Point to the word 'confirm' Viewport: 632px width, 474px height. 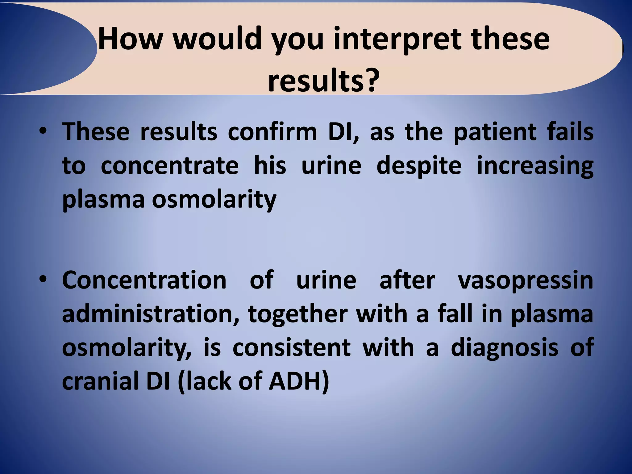[x=272, y=132]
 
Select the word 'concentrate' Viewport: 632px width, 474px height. [x=170, y=166]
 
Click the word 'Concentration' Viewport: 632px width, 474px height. [x=144, y=280]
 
